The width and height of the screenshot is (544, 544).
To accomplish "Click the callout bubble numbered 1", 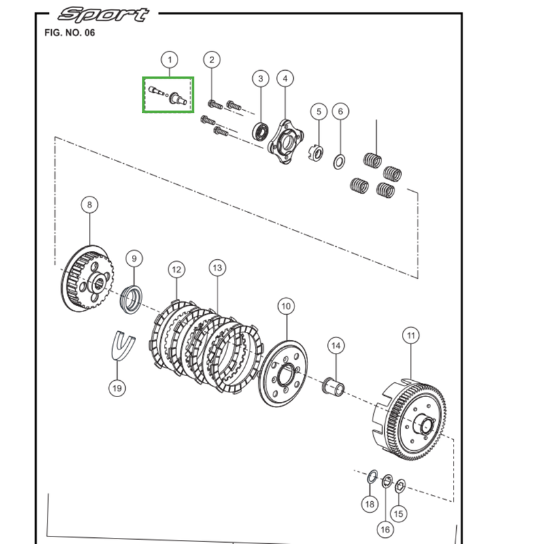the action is (x=169, y=60).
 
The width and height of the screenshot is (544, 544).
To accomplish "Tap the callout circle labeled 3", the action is (x=260, y=78).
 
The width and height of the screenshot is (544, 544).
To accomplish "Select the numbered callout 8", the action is (x=90, y=205).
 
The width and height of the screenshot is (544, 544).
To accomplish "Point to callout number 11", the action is (x=411, y=335).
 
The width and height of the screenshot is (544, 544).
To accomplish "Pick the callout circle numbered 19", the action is (x=117, y=388).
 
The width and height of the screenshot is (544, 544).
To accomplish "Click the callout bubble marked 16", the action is (x=385, y=530).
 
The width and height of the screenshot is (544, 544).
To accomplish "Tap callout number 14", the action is (x=336, y=345).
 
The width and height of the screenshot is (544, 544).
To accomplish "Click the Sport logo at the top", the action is (x=103, y=14).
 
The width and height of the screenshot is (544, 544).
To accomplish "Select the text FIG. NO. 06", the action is (x=69, y=33).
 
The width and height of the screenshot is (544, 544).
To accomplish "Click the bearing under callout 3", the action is (x=261, y=131).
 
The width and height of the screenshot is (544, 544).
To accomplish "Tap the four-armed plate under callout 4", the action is (x=286, y=141).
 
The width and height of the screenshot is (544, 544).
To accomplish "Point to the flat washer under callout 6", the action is (x=339, y=162).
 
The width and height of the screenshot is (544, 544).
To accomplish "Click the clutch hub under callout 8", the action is (x=88, y=278).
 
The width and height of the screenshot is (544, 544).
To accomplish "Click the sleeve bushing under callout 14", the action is (x=334, y=386).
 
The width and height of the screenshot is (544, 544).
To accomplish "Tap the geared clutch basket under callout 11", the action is (x=409, y=420).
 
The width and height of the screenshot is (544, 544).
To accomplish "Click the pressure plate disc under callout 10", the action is (x=283, y=374).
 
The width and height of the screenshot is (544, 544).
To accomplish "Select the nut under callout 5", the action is (x=316, y=152).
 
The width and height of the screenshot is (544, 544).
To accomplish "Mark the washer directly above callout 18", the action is (x=372, y=477).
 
